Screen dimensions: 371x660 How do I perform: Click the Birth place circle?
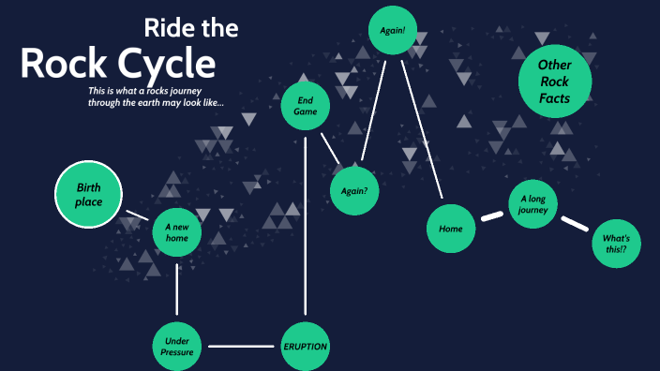(x=89, y=195)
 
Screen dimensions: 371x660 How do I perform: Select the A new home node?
(x=177, y=232)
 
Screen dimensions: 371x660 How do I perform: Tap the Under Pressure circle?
(x=178, y=347)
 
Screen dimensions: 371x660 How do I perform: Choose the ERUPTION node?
(x=305, y=347)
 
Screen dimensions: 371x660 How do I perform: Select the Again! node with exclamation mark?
(x=393, y=30)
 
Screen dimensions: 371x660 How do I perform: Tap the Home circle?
(x=451, y=229)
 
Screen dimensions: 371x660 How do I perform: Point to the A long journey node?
(x=534, y=204)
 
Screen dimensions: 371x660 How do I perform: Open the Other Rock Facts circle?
(x=554, y=82)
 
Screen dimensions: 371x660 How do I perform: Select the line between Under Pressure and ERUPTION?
(x=241, y=347)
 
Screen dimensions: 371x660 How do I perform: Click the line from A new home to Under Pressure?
(x=177, y=289)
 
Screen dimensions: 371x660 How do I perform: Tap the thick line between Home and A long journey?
(x=491, y=217)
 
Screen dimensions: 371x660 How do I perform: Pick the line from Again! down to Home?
(x=422, y=131)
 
